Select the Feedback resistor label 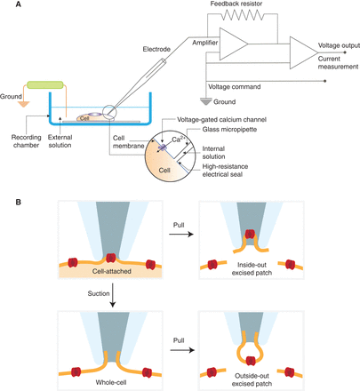click(241, 5)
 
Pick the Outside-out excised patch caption click(257, 372)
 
